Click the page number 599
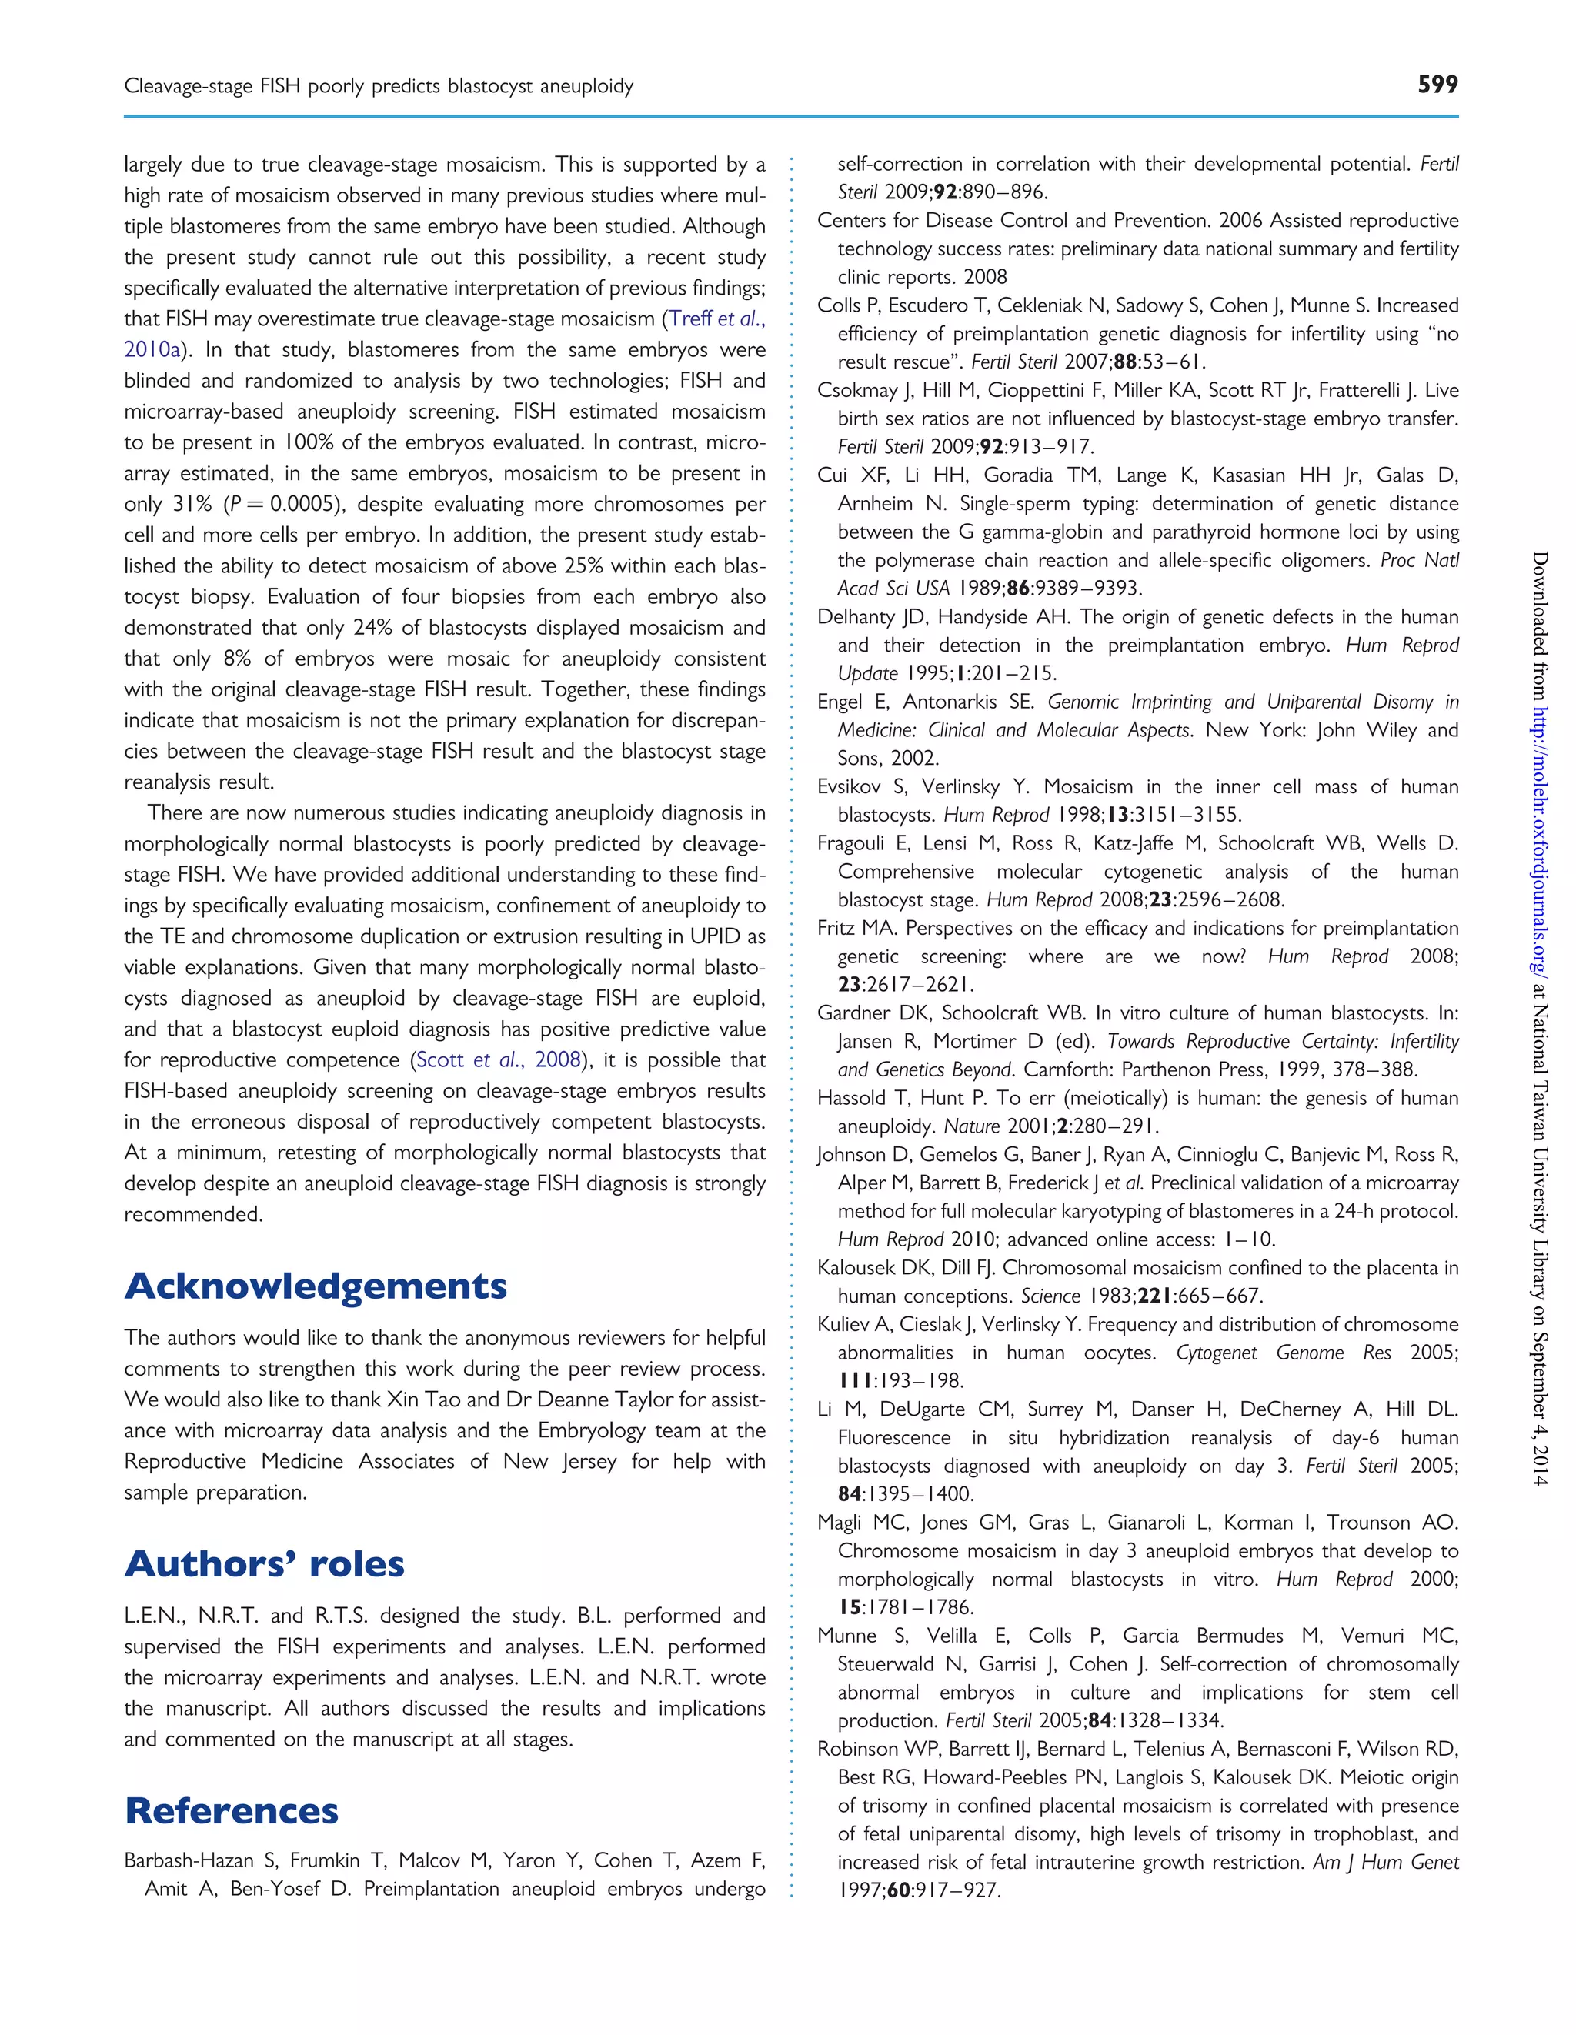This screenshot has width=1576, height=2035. pos(1437,85)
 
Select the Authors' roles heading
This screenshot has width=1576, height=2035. pos(265,1563)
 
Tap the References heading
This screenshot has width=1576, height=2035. pos(231,1810)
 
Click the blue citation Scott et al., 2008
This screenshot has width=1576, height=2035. pos(499,1059)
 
